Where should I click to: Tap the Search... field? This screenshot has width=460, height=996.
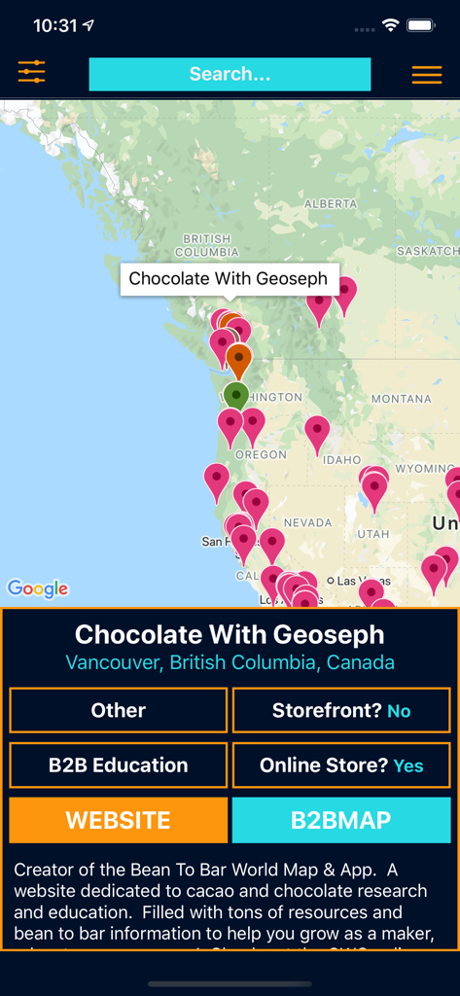point(230,74)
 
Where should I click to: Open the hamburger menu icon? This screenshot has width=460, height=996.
point(426,75)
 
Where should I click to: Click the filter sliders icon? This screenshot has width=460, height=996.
point(31,72)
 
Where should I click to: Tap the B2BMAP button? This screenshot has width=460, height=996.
point(340,820)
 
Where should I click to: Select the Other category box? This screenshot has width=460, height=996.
point(119,710)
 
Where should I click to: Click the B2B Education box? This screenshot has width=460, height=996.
point(119,765)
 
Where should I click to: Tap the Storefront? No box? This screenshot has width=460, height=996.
point(341,710)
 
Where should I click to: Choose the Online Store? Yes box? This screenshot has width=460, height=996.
point(341,765)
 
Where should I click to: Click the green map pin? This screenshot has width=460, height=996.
point(235,395)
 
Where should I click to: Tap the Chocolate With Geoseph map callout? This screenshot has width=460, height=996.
point(229,278)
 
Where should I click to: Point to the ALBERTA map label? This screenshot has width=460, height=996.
point(331,204)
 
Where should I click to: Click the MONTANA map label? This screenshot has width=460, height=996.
point(401,399)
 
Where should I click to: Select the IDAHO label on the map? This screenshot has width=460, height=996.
point(342,459)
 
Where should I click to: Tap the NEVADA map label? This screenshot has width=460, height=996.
point(307,522)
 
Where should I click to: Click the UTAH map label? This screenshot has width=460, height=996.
point(372,534)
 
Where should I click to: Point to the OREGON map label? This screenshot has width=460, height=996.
point(261,454)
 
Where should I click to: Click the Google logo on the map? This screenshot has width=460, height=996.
point(38,588)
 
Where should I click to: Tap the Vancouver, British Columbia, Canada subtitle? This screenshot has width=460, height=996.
point(230,663)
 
